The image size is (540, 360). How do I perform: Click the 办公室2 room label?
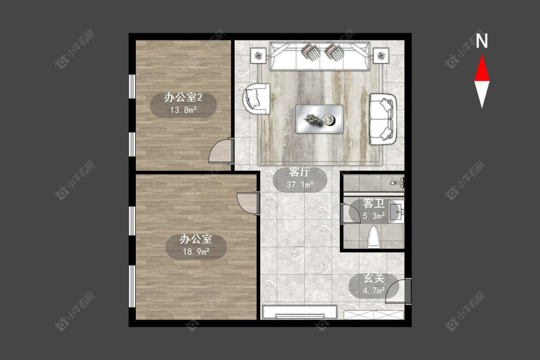183,97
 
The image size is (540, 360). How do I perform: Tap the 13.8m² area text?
183,110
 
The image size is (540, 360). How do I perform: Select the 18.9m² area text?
196,252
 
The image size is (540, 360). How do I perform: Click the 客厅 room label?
300,172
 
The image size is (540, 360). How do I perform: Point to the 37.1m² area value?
300,185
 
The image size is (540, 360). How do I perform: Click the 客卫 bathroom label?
373,204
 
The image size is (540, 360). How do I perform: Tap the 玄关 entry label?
374,278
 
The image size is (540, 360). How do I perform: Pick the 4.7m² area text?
373,291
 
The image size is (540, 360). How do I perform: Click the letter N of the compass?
482,41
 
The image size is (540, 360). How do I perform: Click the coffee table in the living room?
320,119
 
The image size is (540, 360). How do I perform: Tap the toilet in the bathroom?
374,237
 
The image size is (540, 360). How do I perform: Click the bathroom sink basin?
396,212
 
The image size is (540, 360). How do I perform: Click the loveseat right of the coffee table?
383,119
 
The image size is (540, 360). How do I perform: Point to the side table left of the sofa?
259,56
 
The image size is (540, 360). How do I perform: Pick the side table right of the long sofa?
381,56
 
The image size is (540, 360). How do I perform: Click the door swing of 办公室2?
220,151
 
